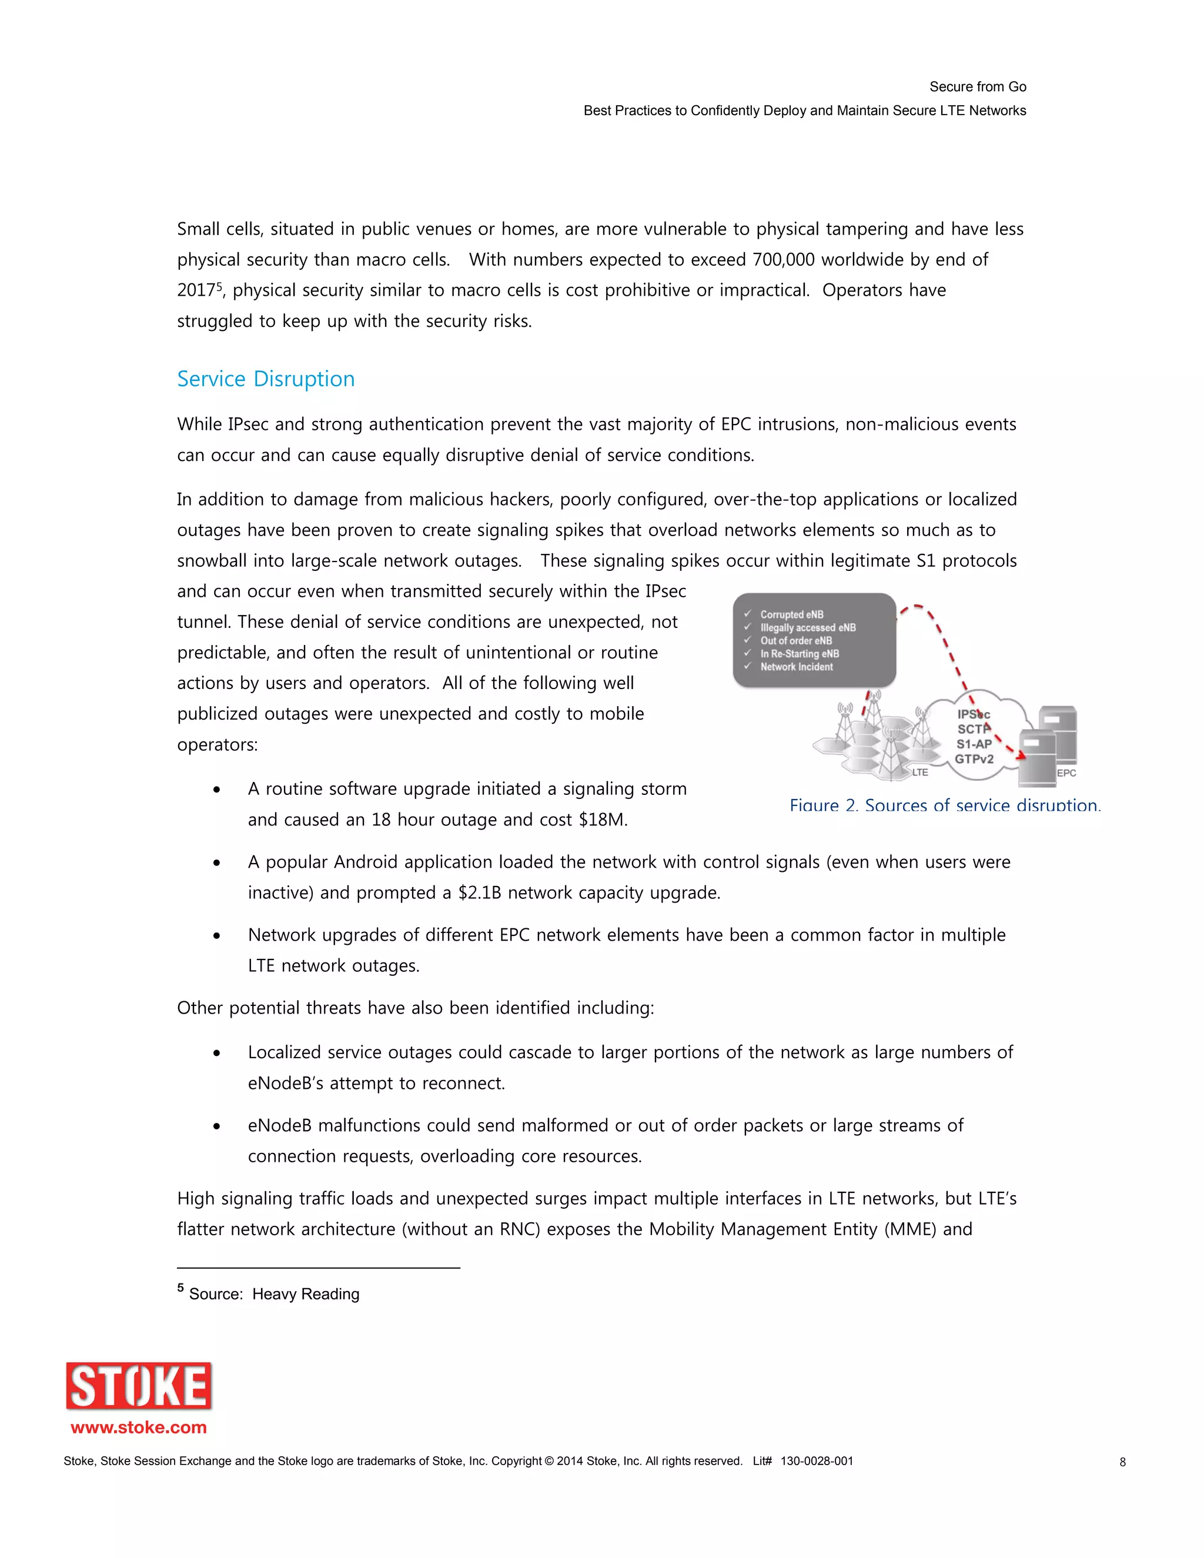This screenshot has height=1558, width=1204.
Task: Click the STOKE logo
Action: point(139,1385)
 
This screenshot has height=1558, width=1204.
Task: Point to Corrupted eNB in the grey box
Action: point(791,614)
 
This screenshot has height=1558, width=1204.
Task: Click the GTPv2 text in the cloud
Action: point(974,758)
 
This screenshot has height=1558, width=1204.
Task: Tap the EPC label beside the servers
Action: point(1066,773)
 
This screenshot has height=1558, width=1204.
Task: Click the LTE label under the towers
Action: point(920,772)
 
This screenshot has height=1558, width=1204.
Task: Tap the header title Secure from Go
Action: point(977,87)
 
